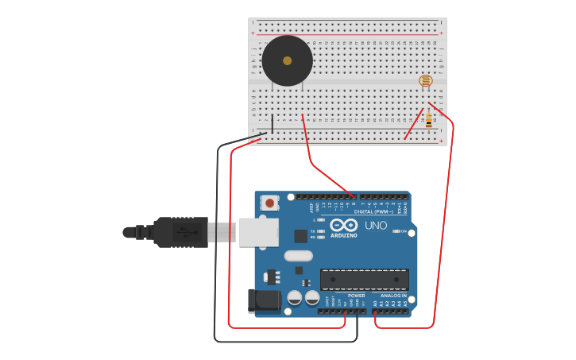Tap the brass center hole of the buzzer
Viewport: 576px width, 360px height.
[287, 60]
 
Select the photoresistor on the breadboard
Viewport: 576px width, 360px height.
[426, 80]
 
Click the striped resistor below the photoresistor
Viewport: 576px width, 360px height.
[429, 121]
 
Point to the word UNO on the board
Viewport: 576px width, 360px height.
[376, 226]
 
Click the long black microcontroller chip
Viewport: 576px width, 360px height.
[365, 279]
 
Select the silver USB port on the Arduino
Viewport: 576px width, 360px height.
[258, 232]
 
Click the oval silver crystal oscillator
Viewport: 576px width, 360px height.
[298, 256]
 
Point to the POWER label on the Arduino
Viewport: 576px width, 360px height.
[356, 296]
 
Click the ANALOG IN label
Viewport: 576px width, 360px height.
[393, 296]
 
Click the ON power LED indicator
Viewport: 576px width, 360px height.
[396, 231]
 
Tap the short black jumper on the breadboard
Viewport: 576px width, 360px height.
[272, 124]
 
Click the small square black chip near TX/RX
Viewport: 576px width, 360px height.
[300, 236]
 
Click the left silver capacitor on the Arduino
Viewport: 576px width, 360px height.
[294, 297]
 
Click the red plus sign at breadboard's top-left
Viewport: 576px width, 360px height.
[253, 33]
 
